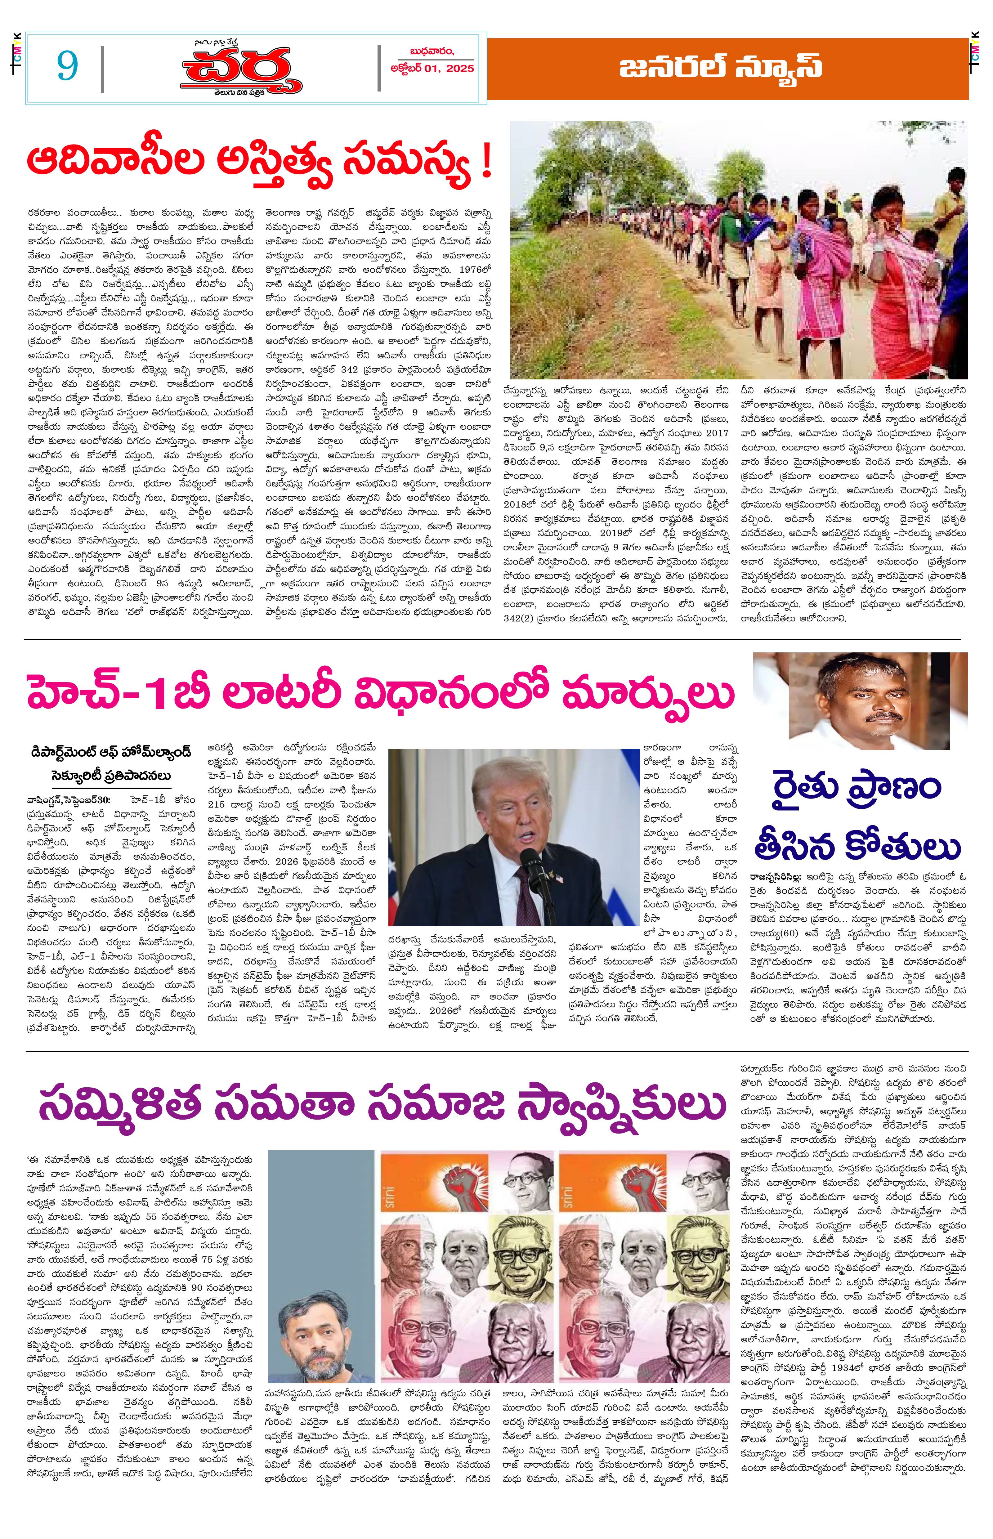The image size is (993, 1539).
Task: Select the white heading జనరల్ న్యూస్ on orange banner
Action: tap(720, 68)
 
